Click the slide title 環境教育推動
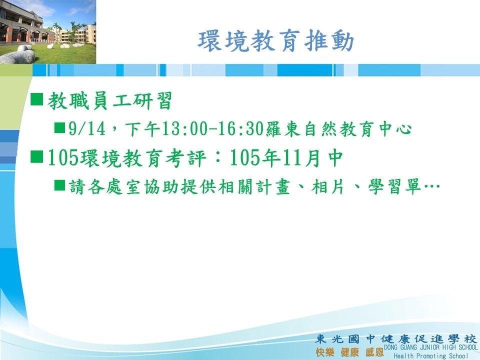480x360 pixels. click(x=276, y=41)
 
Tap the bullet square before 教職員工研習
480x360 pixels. click(x=36, y=99)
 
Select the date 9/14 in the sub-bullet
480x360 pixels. click(x=87, y=128)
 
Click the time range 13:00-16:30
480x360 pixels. click(x=213, y=128)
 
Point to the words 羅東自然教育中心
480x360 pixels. click(x=338, y=128)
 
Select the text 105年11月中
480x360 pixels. click(x=286, y=157)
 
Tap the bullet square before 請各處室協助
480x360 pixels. click(x=59, y=185)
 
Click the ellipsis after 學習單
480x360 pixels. click(x=431, y=186)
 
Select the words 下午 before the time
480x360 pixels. click(x=142, y=128)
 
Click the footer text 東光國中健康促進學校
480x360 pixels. click(x=396, y=339)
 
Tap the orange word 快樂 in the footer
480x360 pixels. click(x=324, y=352)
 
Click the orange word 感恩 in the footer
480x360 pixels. click(x=374, y=352)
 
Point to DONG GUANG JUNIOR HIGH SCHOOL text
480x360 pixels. click(x=430, y=347)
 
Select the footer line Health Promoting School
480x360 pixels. click(x=430, y=355)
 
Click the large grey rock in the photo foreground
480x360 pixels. click(x=18, y=57)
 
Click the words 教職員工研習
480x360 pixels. click(x=109, y=100)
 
